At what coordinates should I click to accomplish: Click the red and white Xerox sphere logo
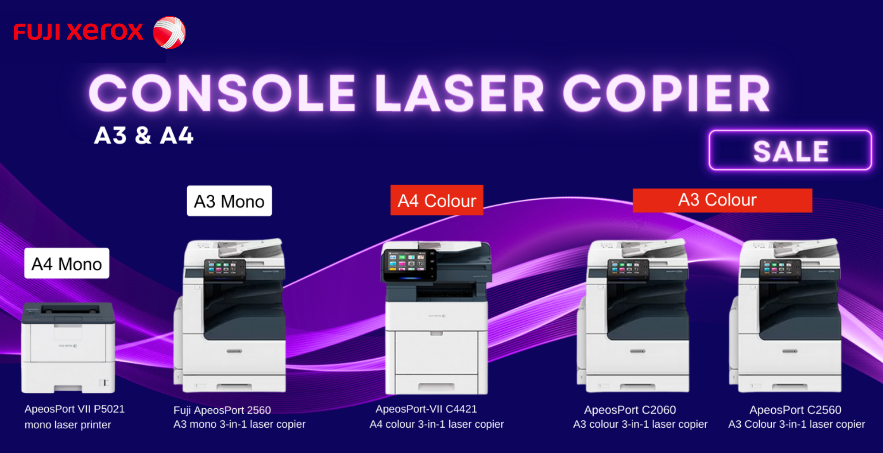(169, 33)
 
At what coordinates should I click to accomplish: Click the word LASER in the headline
(459, 93)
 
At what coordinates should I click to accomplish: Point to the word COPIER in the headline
(667, 93)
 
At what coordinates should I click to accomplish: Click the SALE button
(790, 150)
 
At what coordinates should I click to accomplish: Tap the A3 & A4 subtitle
(144, 135)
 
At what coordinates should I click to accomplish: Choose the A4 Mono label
(67, 264)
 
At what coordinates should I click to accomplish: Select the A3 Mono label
(229, 201)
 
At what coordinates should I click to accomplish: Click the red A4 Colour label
(437, 200)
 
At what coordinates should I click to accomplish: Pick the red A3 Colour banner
(723, 200)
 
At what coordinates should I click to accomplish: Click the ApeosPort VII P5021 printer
(68, 348)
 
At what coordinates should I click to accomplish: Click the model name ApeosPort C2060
(630, 410)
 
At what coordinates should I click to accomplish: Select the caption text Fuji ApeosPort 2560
(222, 410)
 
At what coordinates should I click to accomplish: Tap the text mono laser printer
(68, 425)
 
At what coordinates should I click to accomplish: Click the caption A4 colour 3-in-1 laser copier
(437, 424)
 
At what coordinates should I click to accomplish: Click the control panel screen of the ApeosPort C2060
(628, 269)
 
